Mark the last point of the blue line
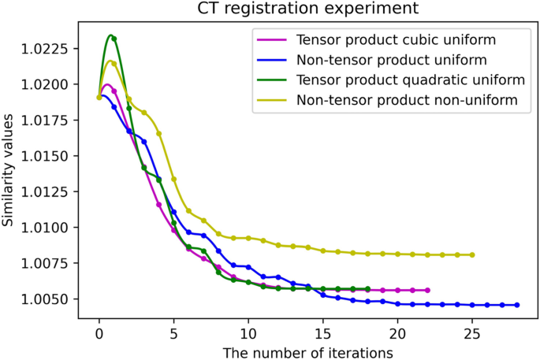(x=517, y=305)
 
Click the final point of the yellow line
(x=472, y=254)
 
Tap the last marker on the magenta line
(x=427, y=290)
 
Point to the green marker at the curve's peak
(x=114, y=39)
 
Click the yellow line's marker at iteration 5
(x=174, y=179)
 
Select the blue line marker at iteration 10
(x=248, y=267)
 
